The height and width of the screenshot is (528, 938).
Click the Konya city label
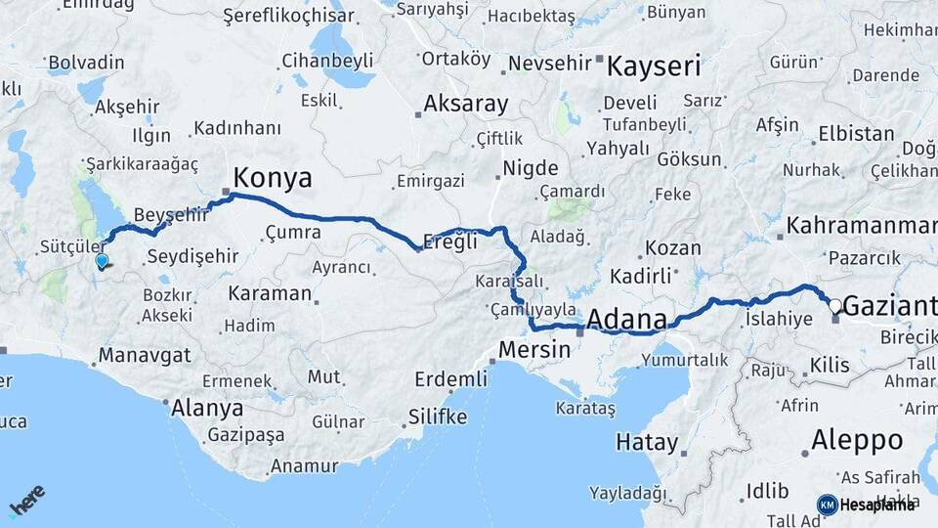(273, 178)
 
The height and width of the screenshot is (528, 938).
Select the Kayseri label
(654, 66)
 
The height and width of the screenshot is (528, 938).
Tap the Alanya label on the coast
(207, 408)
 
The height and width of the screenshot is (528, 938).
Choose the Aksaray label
(466, 105)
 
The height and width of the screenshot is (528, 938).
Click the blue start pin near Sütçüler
(102, 260)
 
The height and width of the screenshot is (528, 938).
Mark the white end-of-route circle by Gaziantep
(834, 306)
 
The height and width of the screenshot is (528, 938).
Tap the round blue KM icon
(827, 505)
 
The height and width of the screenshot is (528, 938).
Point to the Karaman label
(270, 293)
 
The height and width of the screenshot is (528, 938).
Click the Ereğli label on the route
(450, 242)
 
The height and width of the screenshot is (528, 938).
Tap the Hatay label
(646, 442)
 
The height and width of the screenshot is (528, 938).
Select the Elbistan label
(829, 133)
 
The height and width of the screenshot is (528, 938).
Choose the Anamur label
(304, 466)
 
